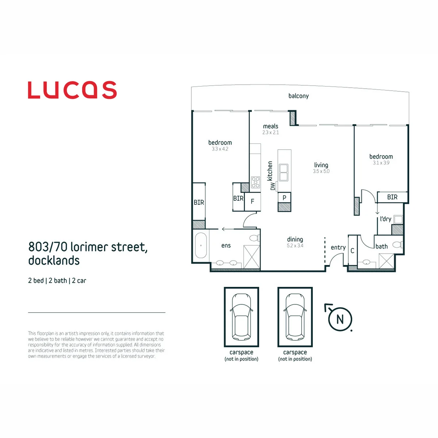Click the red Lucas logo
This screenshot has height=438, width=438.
[x=72, y=90]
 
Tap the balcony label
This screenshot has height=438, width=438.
[x=299, y=96]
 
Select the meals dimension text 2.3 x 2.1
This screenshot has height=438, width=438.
[x=270, y=132]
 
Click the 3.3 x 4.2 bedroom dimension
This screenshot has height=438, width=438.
[x=220, y=149]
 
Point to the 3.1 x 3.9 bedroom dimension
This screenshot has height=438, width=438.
[x=381, y=163]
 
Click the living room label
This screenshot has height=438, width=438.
[x=321, y=165]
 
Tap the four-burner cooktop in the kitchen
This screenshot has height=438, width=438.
[x=255, y=182]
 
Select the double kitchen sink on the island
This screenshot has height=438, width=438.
[x=284, y=173]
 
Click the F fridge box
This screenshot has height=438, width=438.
[x=253, y=201]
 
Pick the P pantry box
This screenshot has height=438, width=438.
[x=284, y=198]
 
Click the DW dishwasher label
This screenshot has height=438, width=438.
[x=273, y=187]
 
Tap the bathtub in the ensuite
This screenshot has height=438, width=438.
[x=201, y=245]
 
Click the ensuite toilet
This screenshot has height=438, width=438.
[x=255, y=238]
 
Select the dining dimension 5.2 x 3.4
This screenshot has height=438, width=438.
[x=295, y=246]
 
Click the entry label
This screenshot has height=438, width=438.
[x=338, y=247]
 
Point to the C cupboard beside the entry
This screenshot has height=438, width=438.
[x=353, y=251]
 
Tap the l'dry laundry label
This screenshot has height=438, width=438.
[x=385, y=219]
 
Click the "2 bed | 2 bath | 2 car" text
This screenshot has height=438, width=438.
[x=57, y=280]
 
